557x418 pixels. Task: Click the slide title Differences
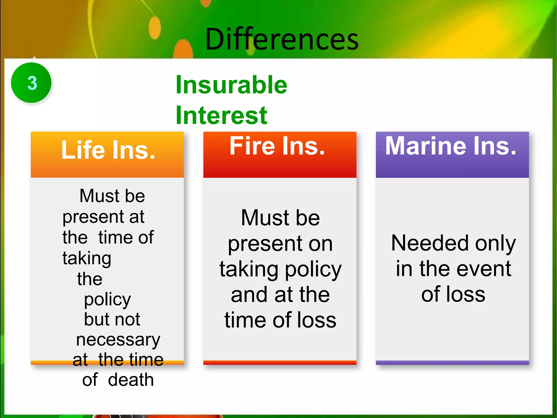point(282,39)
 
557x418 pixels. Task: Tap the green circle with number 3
point(31,83)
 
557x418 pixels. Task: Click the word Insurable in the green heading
point(231,85)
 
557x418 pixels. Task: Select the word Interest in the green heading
point(221,115)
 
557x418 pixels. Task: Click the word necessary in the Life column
point(118,340)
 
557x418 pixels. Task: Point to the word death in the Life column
point(131,380)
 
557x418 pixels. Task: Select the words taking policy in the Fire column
point(280,269)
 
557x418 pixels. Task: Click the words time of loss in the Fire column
point(280,320)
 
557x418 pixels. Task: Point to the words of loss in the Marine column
point(453,294)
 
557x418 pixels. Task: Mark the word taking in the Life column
point(87,258)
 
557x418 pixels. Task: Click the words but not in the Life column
point(112,319)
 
